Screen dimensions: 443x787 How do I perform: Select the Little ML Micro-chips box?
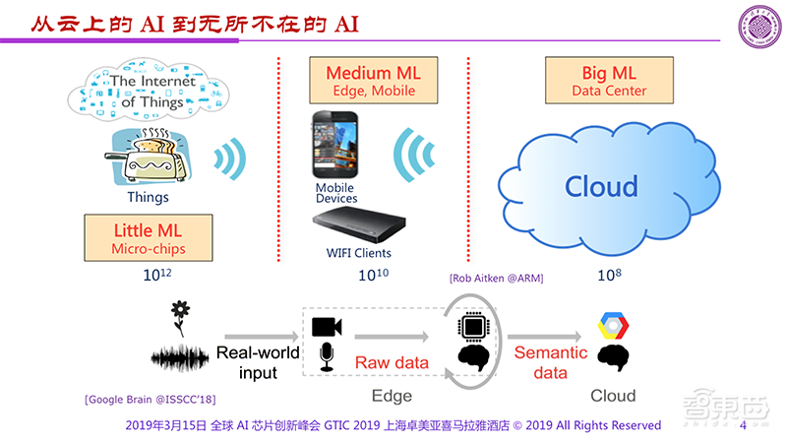coord(149,240)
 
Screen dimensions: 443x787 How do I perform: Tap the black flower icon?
coord(180,314)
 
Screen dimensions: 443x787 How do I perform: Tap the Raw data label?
coord(392,362)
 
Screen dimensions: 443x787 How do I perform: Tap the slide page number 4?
coord(744,426)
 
